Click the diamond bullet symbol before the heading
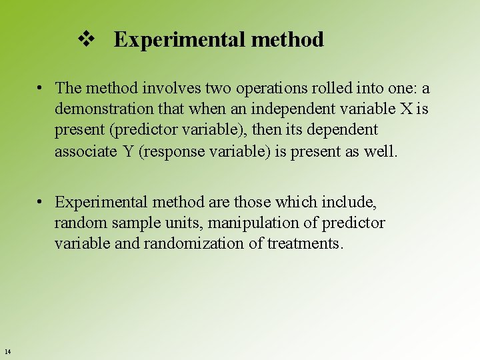click(x=85, y=39)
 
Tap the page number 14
click(x=7, y=351)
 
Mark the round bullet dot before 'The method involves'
click(x=41, y=88)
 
